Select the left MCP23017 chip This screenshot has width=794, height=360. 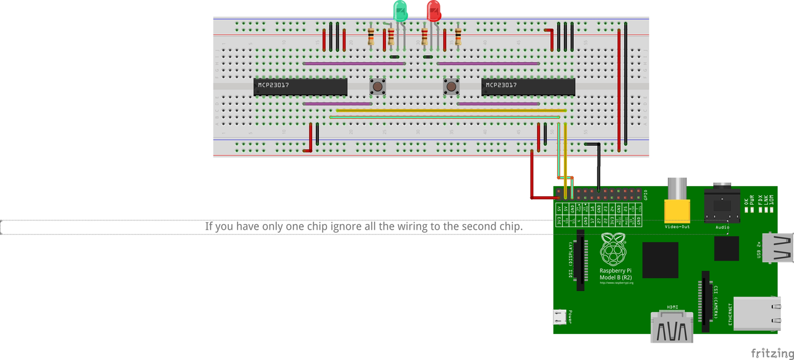300,87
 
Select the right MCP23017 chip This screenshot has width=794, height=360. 528,87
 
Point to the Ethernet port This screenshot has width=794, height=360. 756,313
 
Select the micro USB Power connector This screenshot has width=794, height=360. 560,318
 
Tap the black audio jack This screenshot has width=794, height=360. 722,205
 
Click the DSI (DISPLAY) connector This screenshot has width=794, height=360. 581,259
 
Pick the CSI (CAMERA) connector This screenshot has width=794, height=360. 706,299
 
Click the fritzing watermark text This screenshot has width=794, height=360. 772,353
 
